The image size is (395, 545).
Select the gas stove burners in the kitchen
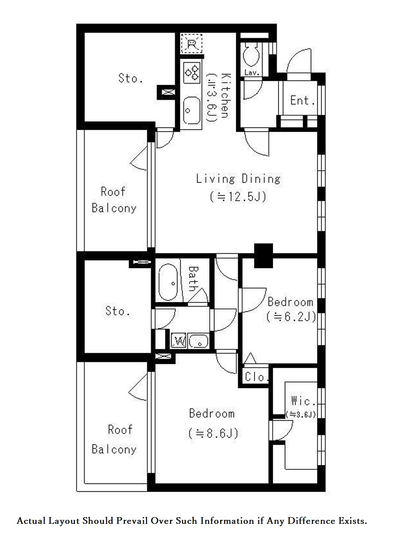click(x=192, y=72)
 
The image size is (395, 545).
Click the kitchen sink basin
click(x=192, y=111)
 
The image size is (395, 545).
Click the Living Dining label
click(x=238, y=179)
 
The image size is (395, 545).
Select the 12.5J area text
click(x=238, y=196)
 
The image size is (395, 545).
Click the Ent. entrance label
click(x=303, y=100)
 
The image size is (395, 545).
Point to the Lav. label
click(x=252, y=73)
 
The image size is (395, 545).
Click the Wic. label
click(x=303, y=401)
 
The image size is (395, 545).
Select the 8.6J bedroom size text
click(x=213, y=433)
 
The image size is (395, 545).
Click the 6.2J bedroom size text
click(x=291, y=317)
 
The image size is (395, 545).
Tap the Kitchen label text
click(x=225, y=96)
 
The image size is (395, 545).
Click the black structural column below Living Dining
click(x=263, y=256)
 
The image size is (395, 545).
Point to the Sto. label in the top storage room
click(x=130, y=78)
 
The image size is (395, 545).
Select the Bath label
click(x=194, y=279)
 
